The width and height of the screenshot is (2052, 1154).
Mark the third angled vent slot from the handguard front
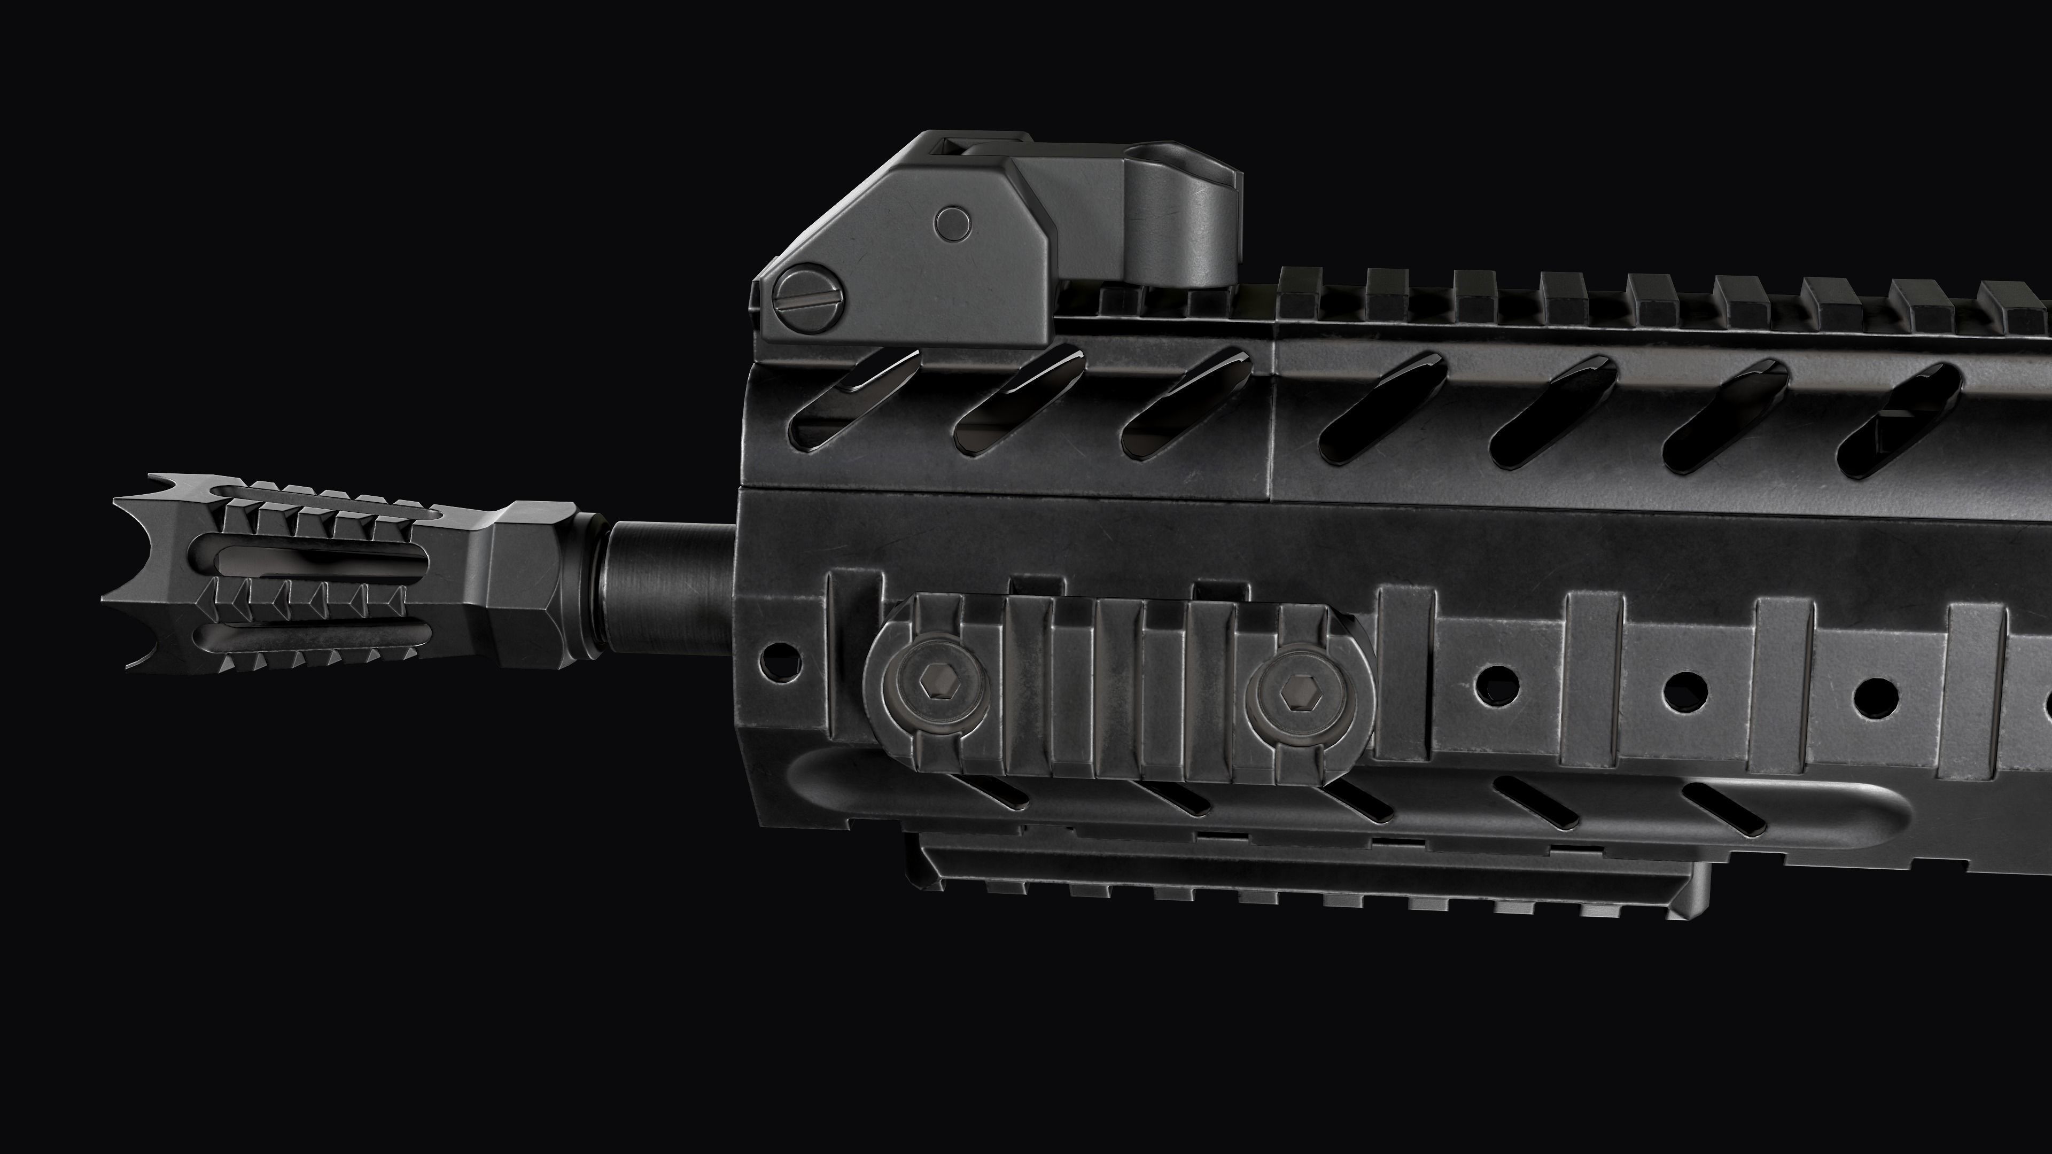coord(1187,406)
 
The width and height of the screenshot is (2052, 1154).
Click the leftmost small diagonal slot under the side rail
coord(988,792)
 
